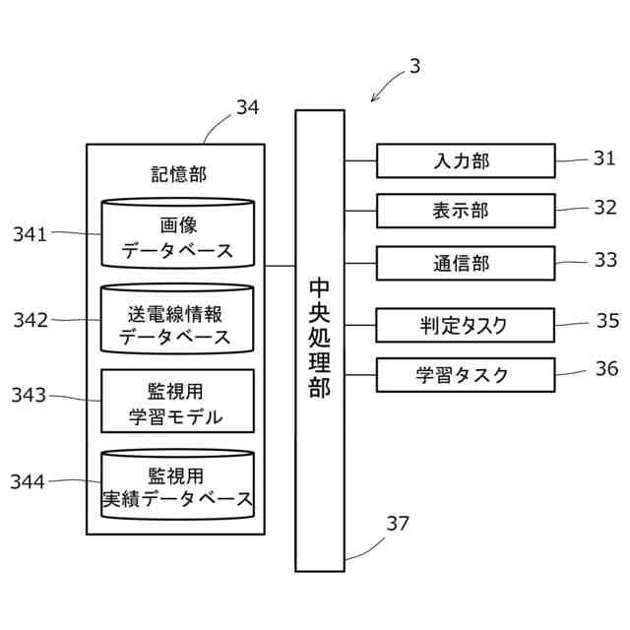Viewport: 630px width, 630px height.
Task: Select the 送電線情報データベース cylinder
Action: pos(178,321)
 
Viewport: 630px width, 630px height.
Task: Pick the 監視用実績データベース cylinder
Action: pos(178,484)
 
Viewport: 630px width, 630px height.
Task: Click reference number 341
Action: pos(29,233)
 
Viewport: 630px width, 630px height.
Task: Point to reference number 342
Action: pos(29,320)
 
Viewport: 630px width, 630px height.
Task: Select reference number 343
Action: pos(29,396)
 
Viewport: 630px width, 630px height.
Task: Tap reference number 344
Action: pos(29,481)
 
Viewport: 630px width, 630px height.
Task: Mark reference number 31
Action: pos(603,157)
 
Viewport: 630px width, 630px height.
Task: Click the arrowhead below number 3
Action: pos(374,97)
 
